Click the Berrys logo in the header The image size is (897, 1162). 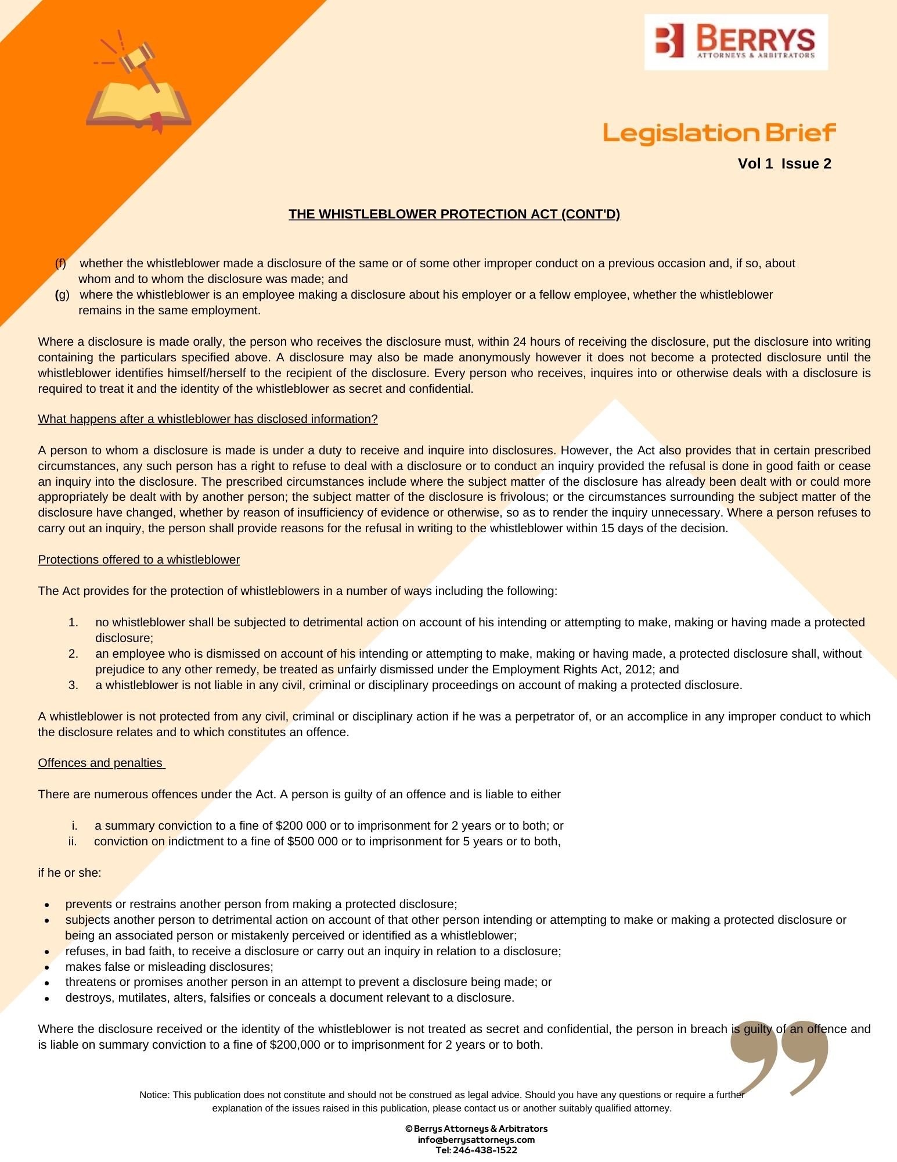[x=736, y=42]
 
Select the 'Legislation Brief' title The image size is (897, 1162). [x=719, y=133]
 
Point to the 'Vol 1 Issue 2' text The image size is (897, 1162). [x=784, y=164]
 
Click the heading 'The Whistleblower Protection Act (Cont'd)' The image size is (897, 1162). [x=454, y=214]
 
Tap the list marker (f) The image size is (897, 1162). [x=60, y=263]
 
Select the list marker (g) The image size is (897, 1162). [x=62, y=295]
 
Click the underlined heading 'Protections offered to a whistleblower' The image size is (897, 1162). [x=139, y=560]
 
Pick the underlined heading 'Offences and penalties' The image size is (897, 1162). [x=101, y=763]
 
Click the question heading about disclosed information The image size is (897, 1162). [x=208, y=419]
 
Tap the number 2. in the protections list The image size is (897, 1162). [x=73, y=654]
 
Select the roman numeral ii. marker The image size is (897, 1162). [x=73, y=841]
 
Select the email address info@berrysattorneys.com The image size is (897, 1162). [x=476, y=1139]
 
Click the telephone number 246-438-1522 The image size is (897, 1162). [x=485, y=1150]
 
